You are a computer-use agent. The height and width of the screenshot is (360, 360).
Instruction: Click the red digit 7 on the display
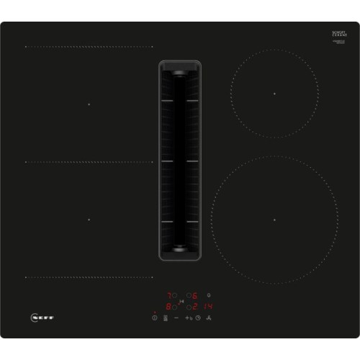coord(171,295)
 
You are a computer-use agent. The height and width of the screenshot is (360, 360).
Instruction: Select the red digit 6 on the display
coord(195,295)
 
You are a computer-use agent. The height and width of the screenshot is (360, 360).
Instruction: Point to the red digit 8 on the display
coord(171,305)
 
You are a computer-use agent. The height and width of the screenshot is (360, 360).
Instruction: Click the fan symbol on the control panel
coord(210,317)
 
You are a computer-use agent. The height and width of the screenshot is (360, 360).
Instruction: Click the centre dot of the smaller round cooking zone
coord(274,95)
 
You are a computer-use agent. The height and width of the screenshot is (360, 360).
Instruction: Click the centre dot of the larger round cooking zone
coord(274,219)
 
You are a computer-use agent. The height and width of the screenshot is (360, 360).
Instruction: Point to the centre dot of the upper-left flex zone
coord(89,104)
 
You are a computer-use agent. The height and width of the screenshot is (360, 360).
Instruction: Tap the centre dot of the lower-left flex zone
coord(89,219)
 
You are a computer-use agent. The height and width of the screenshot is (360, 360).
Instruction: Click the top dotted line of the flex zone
coord(89,47)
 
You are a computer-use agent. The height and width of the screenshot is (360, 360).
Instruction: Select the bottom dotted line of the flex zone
coord(89,276)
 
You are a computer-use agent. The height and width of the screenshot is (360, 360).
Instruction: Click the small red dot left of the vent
coord(154,163)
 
